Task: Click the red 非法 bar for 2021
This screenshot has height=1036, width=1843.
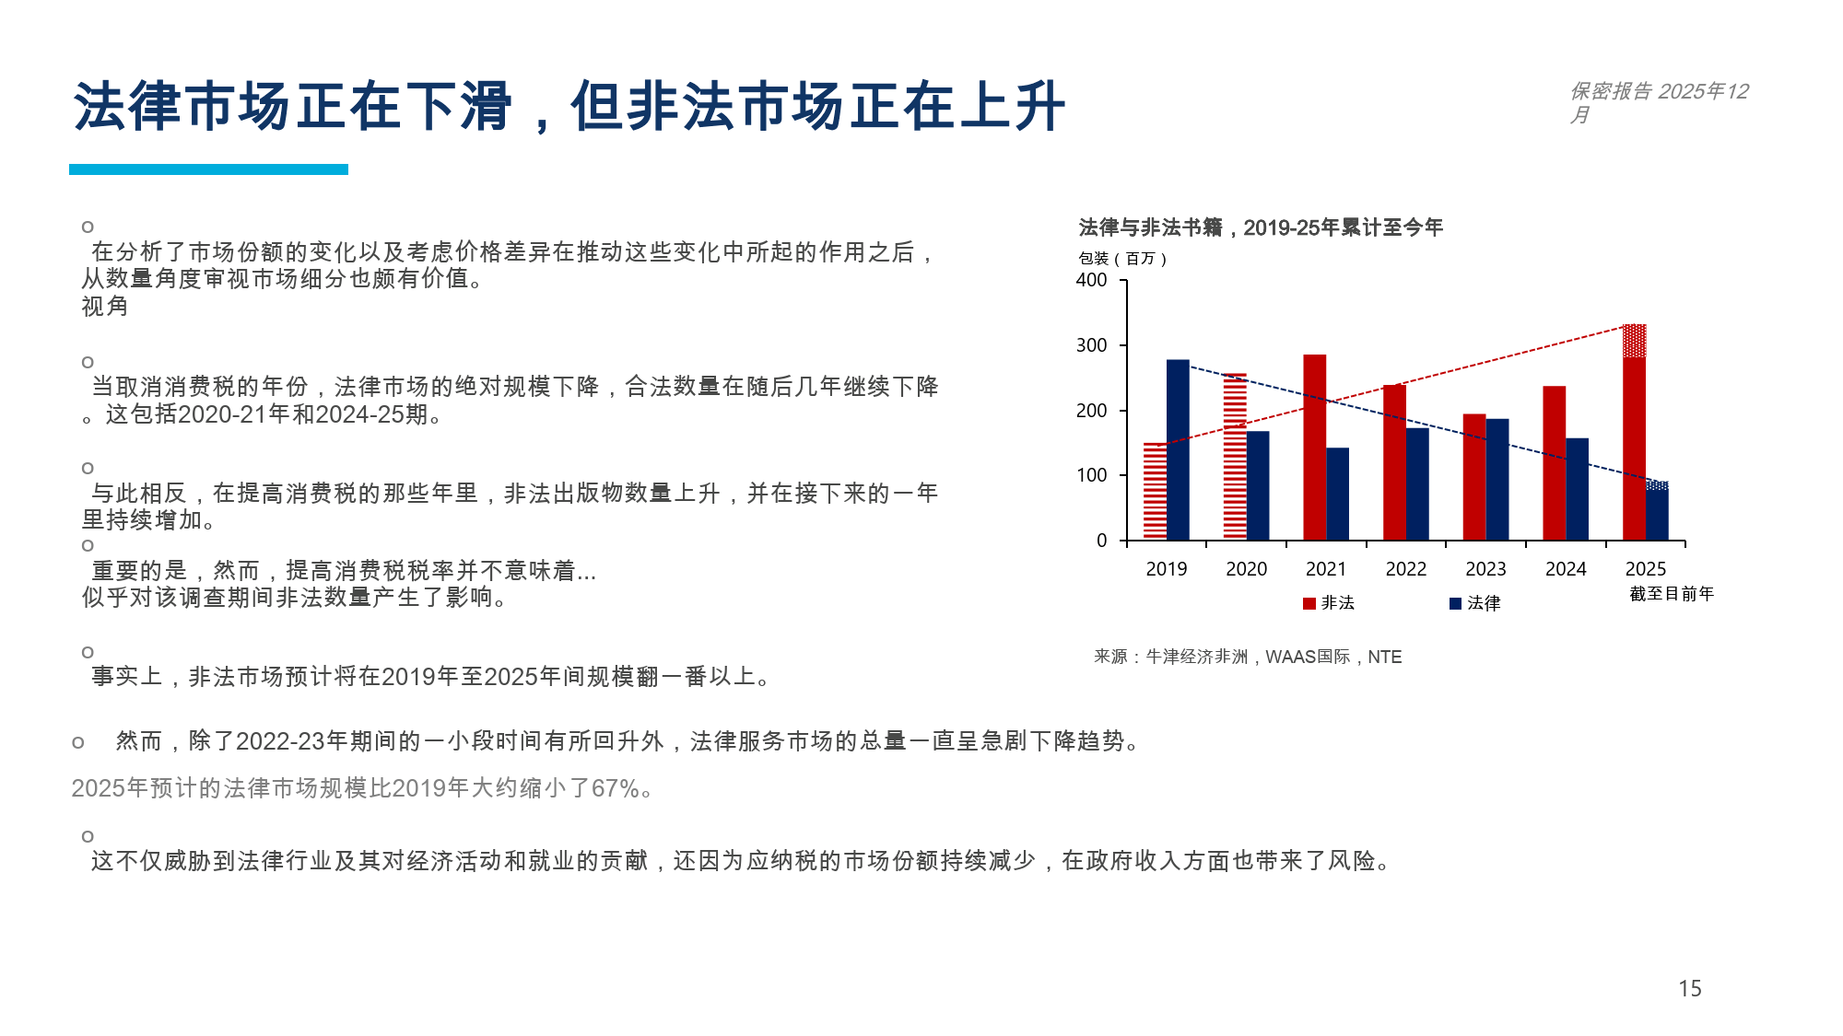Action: point(1314,447)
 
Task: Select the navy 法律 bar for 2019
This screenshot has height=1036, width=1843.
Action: point(1178,449)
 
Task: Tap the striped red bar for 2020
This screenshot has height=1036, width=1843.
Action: point(1235,456)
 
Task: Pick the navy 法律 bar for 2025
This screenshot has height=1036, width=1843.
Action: point(1657,510)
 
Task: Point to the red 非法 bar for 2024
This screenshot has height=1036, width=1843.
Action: point(1554,462)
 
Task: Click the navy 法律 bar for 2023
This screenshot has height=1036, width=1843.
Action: point(1497,479)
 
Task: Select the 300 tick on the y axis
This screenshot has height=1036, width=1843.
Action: point(1092,345)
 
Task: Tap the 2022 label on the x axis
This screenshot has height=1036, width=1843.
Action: point(1405,569)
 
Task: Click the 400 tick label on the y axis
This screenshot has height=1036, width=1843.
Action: point(1092,280)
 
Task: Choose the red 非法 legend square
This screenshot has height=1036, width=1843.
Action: point(1309,603)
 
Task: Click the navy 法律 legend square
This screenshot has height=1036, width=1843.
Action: point(1455,603)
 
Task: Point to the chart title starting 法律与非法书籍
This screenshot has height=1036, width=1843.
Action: point(1260,227)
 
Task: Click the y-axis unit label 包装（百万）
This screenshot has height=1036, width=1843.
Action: point(1122,259)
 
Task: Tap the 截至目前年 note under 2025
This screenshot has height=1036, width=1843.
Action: point(1671,594)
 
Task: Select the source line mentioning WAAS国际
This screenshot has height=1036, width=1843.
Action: point(1248,657)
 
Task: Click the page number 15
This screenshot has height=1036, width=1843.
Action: point(1689,988)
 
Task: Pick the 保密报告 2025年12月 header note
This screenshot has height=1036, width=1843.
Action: point(1658,101)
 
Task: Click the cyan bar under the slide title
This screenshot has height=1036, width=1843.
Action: point(208,169)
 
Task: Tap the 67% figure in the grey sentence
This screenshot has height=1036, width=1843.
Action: point(616,788)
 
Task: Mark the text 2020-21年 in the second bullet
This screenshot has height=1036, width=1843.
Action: point(232,414)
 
